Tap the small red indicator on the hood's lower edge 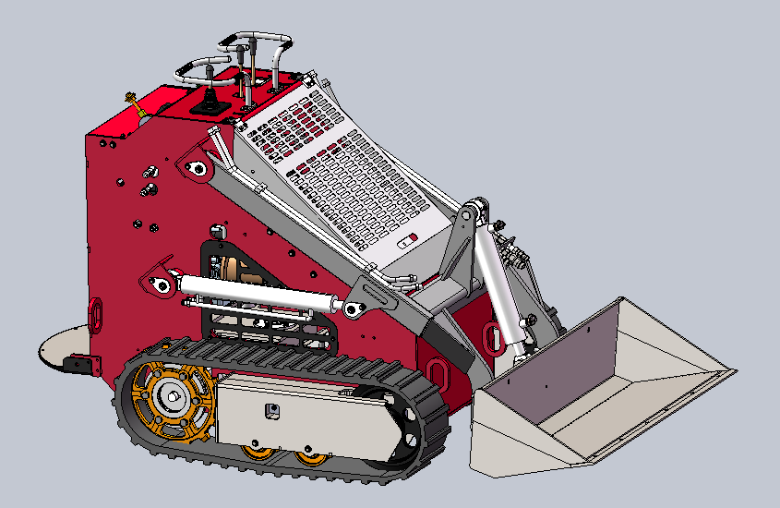coord(411,237)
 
